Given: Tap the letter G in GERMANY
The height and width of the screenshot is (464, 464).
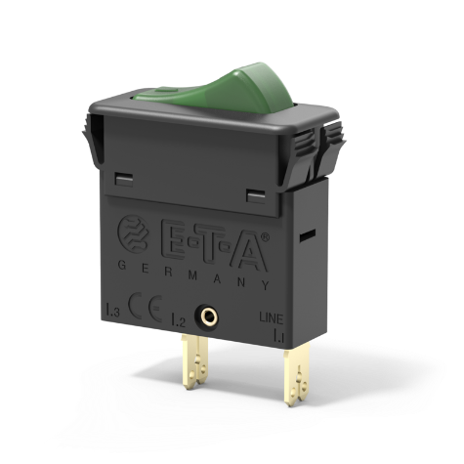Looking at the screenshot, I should (120, 268).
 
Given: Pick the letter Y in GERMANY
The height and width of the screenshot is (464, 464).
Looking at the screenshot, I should (267, 284).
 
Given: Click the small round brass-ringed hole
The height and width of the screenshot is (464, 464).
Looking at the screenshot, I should (208, 316).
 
